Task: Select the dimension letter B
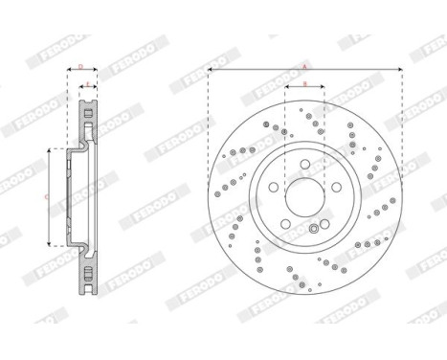(304, 84)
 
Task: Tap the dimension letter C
(48, 197)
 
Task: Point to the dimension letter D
(81, 66)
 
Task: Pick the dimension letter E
(87, 84)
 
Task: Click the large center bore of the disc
(304, 198)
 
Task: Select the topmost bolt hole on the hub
(304, 164)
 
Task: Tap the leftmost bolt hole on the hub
(272, 188)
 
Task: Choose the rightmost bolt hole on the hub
(338, 188)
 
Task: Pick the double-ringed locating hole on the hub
(315, 230)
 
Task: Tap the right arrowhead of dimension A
(399, 70)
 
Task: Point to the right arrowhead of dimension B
(323, 89)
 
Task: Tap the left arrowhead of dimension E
(83, 89)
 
